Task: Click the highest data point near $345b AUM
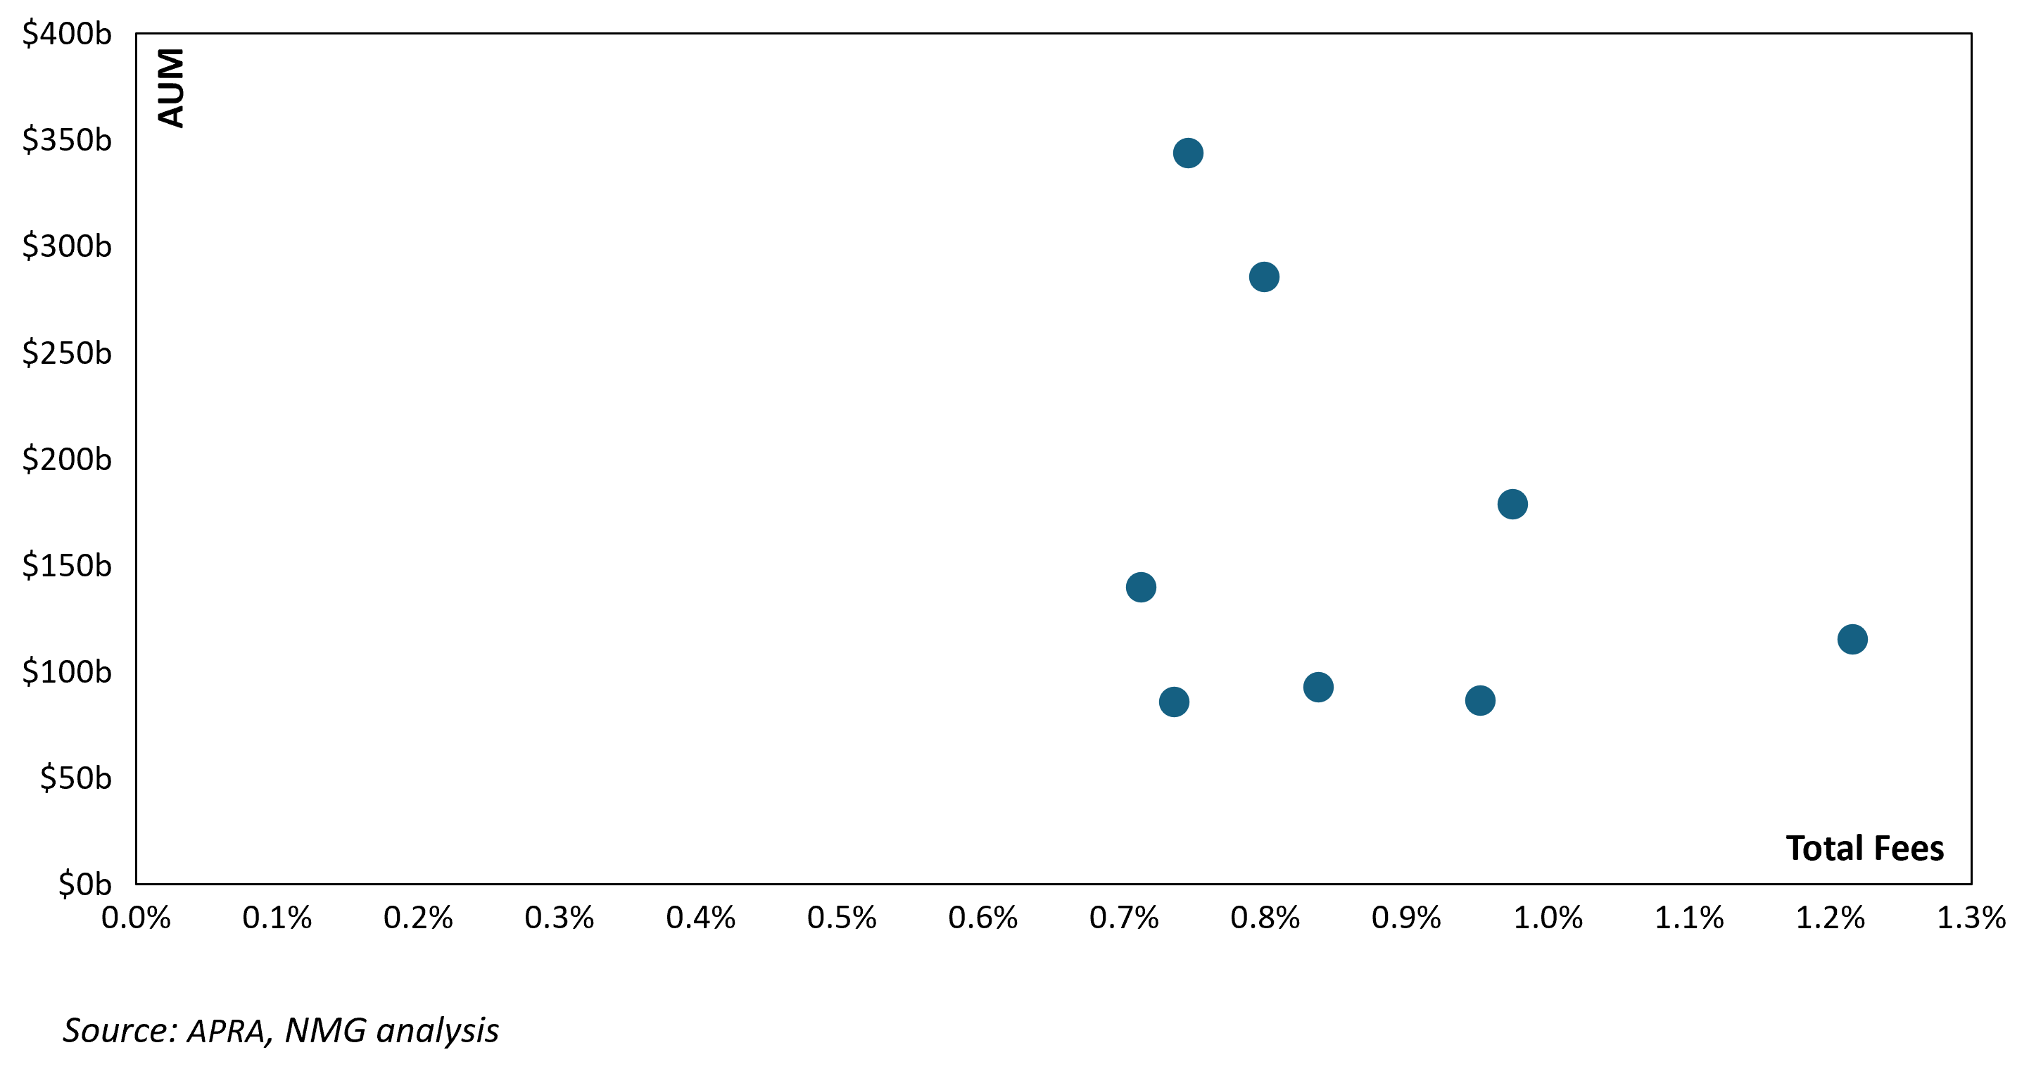[1188, 153]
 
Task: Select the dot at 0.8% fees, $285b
[1264, 277]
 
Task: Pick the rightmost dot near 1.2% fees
[1852, 639]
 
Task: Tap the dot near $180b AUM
[1512, 504]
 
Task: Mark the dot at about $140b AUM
[1142, 587]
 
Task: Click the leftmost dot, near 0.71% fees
[1142, 587]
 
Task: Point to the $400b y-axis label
[67, 34]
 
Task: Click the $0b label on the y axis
[85, 884]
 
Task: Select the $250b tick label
[67, 353]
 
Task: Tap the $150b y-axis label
[67, 566]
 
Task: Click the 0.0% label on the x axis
[137, 918]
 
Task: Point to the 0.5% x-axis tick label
[842, 918]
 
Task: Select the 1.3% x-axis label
[1971, 918]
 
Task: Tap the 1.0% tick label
[1548, 918]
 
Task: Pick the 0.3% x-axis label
[560, 918]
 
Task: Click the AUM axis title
[171, 87]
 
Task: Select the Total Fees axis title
[1865, 849]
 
